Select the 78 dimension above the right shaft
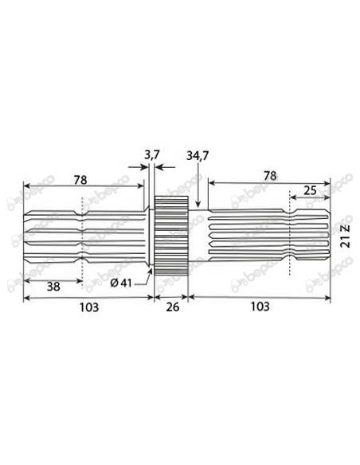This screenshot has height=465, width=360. click(x=268, y=174)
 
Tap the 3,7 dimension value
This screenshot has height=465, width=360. click(x=151, y=152)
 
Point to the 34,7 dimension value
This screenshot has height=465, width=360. click(x=197, y=154)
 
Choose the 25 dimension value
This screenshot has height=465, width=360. click(x=310, y=190)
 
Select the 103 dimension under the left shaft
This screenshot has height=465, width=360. click(x=88, y=307)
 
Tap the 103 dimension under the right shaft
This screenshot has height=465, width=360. click(x=258, y=307)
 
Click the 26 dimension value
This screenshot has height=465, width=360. click(x=170, y=307)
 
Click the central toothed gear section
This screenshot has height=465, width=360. click(x=170, y=235)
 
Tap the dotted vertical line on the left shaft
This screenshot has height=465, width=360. click(x=81, y=239)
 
